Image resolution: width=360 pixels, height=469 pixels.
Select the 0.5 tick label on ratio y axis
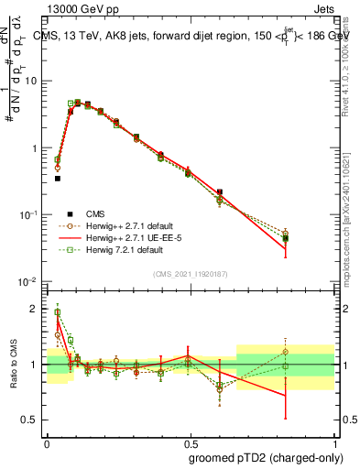coord(32,420)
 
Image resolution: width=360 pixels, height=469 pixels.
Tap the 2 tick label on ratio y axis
coord(36,309)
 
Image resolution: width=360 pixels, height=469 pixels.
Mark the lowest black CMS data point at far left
coord(57,179)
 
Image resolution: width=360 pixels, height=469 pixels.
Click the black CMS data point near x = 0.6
coord(220,192)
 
